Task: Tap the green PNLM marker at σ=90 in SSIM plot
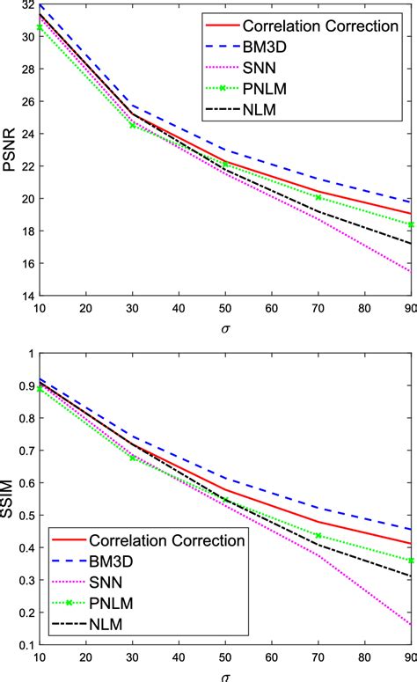tap(410, 561)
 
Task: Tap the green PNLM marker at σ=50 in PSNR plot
tap(225, 165)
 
